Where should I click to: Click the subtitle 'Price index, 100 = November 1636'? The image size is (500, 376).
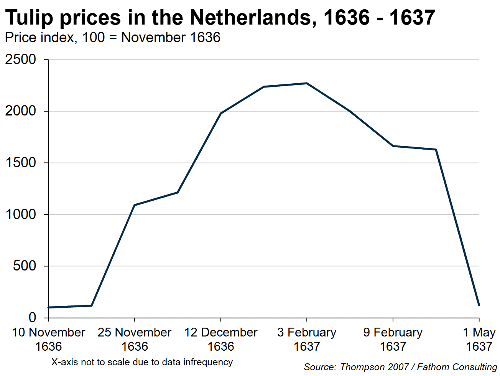(x=112, y=38)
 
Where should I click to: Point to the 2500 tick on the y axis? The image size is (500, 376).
(x=21, y=59)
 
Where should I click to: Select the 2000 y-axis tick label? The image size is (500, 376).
(x=21, y=111)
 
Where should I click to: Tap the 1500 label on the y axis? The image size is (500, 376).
(x=21, y=163)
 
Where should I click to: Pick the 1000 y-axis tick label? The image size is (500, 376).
(x=21, y=214)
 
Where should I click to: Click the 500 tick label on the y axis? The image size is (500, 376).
(x=25, y=266)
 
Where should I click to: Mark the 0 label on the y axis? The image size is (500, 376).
(x=32, y=317)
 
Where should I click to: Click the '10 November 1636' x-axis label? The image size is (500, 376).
(x=48, y=339)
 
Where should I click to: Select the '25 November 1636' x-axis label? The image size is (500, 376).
(x=135, y=339)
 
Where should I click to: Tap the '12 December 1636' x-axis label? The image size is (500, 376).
(x=220, y=339)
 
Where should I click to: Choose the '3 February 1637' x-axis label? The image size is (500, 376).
(x=307, y=339)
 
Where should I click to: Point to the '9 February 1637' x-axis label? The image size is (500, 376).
(x=393, y=339)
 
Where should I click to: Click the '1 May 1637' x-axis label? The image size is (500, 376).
(x=479, y=339)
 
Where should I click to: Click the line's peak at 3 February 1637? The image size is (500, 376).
(x=307, y=83)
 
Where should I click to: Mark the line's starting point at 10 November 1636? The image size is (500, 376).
(x=49, y=307)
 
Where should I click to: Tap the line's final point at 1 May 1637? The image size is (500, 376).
(x=479, y=305)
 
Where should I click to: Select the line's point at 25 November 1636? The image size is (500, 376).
(x=135, y=205)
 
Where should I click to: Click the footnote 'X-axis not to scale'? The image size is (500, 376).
(x=142, y=362)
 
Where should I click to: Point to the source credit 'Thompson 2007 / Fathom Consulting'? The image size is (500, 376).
(x=400, y=367)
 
